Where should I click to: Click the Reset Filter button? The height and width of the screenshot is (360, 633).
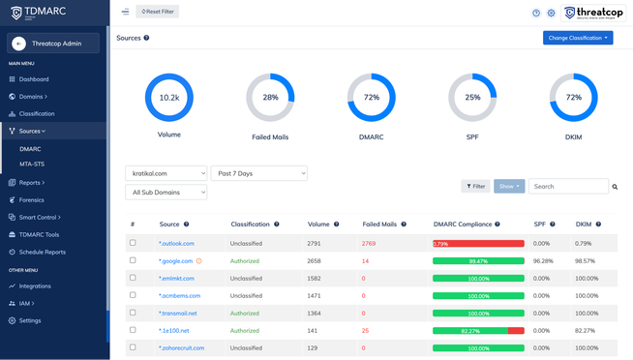pos(158,12)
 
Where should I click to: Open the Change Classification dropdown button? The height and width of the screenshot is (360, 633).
pos(578,38)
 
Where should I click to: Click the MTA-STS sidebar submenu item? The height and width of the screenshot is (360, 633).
pos(32,165)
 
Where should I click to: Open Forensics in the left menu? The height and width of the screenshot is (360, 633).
pos(31,200)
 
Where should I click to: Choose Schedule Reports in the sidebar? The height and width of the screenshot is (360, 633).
pos(43,252)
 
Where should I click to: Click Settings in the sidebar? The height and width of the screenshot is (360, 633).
pos(30,320)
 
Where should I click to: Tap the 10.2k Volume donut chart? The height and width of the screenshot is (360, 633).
pos(169,98)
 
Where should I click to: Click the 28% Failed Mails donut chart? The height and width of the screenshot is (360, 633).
pos(270,98)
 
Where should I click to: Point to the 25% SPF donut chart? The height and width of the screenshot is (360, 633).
pos(472,98)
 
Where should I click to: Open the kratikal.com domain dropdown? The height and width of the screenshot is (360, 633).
pos(166,173)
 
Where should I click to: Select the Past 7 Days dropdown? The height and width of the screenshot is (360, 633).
pos(258,173)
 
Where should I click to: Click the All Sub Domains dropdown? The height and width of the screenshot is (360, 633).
pos(166,193)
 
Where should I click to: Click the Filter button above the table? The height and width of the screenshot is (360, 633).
pos(475,186)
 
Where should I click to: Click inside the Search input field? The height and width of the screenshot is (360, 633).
pos(568,186)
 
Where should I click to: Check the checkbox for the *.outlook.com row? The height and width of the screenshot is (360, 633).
pos(133,243)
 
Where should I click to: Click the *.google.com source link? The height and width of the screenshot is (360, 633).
pos(175,261)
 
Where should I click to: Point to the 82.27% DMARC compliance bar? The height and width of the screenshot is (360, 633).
pos(478,331)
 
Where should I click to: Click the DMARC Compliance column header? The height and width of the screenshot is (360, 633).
pos(464,225)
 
